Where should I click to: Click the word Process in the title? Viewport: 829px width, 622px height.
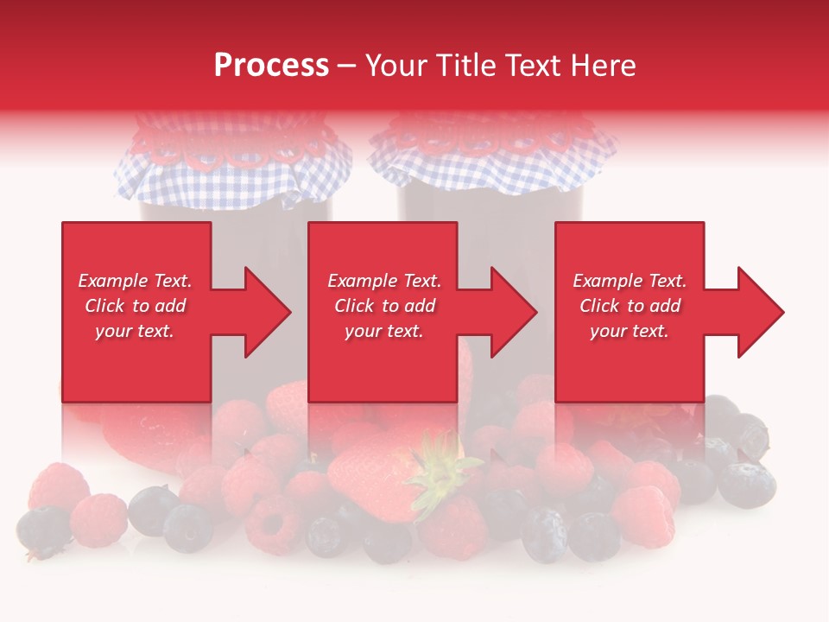(x=271, y=66)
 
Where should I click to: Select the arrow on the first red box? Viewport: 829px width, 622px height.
(x=256, y=312)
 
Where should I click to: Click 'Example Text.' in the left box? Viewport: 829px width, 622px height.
(x=135, y=281)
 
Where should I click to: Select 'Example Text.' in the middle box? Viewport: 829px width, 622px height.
(x=383, y=281)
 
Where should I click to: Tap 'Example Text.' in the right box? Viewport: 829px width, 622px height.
(x=630, y=281)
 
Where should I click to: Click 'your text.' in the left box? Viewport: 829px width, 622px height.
(x=135, y=331)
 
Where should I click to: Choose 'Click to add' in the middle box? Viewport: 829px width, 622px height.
(x=383, y=306)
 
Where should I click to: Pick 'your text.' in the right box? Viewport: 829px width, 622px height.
(x=630, y=331)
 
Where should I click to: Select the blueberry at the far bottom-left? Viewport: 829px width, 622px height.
(x=41, y=529)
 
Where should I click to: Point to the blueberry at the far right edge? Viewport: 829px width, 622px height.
(x=747, y=484)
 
